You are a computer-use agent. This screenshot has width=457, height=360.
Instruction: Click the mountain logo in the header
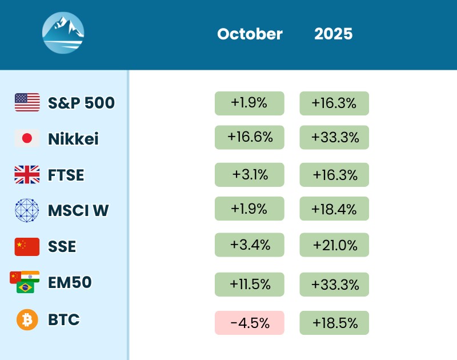click(x=63, y=33)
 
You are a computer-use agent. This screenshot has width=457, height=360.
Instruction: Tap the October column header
click(x=250, y=34)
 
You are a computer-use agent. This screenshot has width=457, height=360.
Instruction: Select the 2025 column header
click(x=334, y=34)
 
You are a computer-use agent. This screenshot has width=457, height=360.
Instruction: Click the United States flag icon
click(x=27, y=102)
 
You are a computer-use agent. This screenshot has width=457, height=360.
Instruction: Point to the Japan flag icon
click(x=27, y=138)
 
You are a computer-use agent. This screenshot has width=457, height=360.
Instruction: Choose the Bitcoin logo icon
click(x=27, y=319)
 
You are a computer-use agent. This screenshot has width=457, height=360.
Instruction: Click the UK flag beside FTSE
click(x=27, y=174)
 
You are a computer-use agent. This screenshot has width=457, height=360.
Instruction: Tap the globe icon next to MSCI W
click(x=27, y=210)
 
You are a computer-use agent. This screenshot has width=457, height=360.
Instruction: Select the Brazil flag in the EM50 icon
click(x=26, y=287)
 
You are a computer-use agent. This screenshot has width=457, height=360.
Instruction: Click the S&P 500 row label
click(x=81, y=103)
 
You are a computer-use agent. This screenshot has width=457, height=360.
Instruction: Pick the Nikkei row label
click(x=73, y=139)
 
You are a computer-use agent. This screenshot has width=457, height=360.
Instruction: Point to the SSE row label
click(x=62, y=247)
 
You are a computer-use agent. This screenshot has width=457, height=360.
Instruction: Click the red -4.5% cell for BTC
click(x=249, y=323)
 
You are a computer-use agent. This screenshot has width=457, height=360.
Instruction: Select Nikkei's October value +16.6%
click(x=249, y=137)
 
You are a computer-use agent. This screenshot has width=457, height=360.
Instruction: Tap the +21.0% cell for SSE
click(x=334, y=245)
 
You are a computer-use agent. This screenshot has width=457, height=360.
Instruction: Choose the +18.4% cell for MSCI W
click(x=334, y=209)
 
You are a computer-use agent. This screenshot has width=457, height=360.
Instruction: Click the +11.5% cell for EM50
click(x=249, y=284)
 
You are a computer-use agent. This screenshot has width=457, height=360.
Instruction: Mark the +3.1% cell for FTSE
click(x=249, y=174)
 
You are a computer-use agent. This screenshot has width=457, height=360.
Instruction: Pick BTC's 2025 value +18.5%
click(x=334, y=323)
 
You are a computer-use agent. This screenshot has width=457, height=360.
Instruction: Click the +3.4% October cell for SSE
click(x=249, y=245)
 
